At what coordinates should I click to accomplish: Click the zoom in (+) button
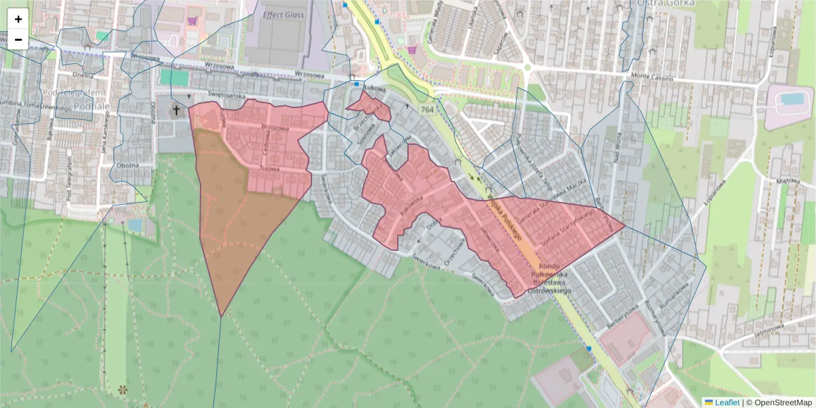(18, 19)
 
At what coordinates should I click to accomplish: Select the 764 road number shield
(427, 109)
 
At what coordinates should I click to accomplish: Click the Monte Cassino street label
(651, 77)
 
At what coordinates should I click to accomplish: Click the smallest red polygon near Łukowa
(369, 107)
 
